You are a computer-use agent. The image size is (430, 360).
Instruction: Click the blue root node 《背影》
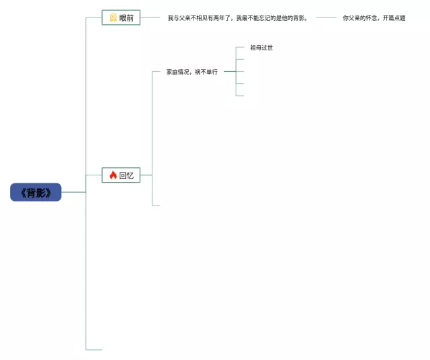pyautogui.click(x=36, y=193)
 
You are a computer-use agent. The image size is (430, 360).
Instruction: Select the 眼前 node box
pyautogui.click(x=121, y=18)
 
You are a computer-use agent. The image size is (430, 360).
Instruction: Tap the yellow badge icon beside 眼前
pyautogui.click(x=113, y=18)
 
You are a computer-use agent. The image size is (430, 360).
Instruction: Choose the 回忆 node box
pyautogui.click(x=121, y=175)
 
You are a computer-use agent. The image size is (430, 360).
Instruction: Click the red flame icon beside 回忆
pyautogui.click(x=113, y=175)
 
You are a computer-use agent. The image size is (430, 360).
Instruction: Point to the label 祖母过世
pyautogui.click(x=261, y=48)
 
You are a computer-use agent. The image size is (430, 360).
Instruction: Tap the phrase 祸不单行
pyautogui.click(x=206, y=72)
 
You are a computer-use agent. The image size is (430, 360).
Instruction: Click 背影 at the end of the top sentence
pyautogui.click(x=299, y=18)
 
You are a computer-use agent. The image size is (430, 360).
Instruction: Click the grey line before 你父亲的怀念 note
pyautogui.click(x=327, y=18)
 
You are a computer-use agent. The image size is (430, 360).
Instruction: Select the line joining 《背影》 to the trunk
pyautogui.click(x=73, y=193)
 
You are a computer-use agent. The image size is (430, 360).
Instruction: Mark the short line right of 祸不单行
pyautogui.click(x=229, y=71)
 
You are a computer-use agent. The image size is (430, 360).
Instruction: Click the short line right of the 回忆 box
pyautogui.click(x=146, y=175)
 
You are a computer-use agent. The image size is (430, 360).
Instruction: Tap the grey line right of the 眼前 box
pyautogui.click(x=151, y=18)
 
